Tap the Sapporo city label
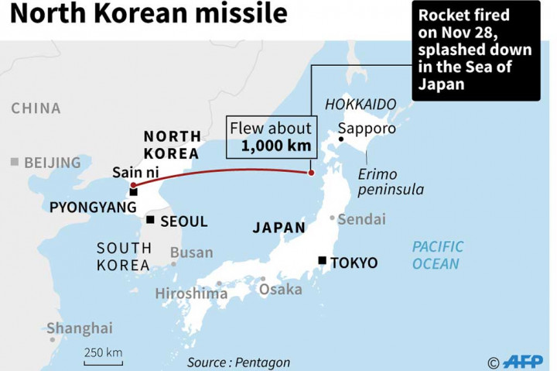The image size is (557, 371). click(367, 129)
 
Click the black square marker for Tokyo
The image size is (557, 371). click(322, 262)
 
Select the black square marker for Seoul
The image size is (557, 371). click(150, 221)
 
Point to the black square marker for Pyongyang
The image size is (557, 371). click(133, 192)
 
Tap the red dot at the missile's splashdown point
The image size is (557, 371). click(311, 173)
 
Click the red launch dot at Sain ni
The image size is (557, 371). click(133, 185)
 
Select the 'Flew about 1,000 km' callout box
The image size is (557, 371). click(270, 136)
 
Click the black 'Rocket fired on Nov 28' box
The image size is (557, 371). click(475, 50)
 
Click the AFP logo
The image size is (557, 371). click(522, 362)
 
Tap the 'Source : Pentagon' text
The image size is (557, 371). click(238, 362)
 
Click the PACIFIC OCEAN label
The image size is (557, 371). click(437, 255)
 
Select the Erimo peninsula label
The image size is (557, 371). click(391, 181)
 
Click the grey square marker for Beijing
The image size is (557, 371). click(14, 162)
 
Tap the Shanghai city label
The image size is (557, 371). click(79, 328)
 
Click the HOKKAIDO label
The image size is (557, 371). click(360, 104)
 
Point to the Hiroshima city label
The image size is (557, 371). click(191, 294)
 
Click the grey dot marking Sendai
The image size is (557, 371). click(333, 218)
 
